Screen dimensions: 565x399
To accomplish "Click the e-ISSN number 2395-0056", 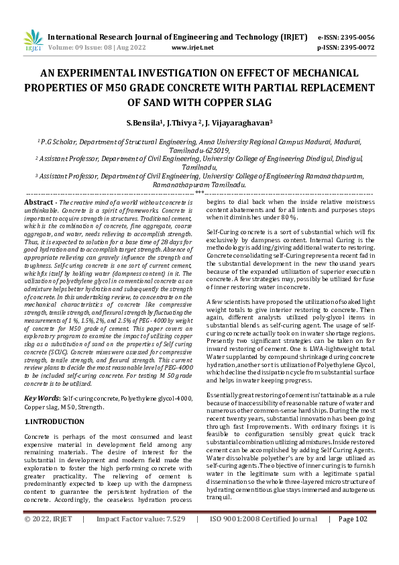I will (x=355, y=37).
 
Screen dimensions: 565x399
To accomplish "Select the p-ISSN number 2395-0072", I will (x=355, y=48).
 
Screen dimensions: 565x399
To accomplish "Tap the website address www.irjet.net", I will (x=192, y=48).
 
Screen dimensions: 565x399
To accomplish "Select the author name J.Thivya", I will (x=205, y=123).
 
